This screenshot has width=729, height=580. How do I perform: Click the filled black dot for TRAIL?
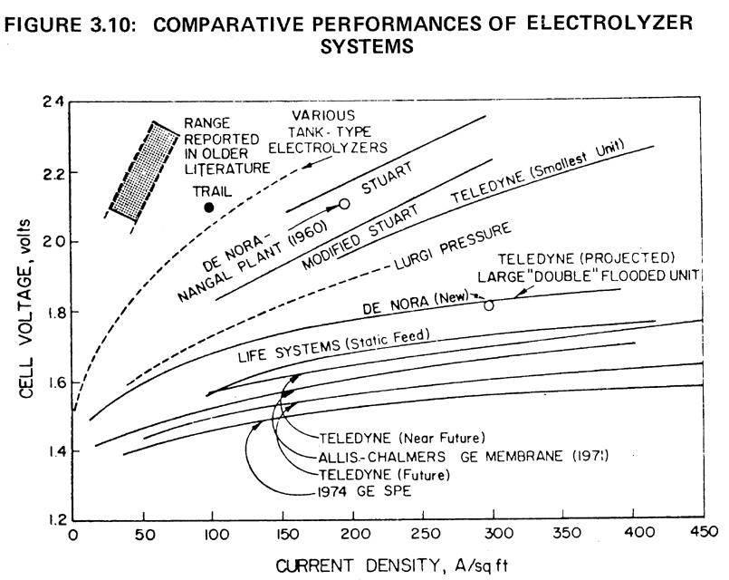[210, 208]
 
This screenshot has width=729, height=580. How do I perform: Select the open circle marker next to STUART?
[344, 204]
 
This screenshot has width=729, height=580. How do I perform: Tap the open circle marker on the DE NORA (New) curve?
[489, 305]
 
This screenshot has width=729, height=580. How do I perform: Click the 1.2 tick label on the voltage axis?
[53, 522]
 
